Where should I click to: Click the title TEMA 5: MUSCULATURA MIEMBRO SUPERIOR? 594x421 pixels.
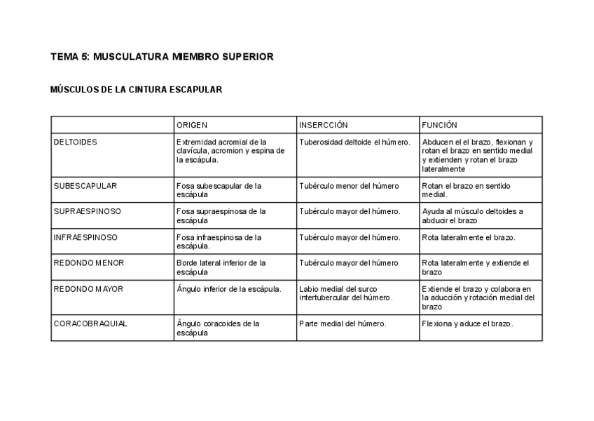coord(162,56)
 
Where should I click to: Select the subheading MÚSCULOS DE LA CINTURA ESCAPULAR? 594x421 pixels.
coord(137,90)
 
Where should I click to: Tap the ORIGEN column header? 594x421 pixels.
coord(192,125)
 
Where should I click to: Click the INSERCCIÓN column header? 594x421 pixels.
coord(323,125)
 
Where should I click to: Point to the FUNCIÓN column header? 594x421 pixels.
coord(439,125)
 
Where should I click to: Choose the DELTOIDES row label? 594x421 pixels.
coord(76,142)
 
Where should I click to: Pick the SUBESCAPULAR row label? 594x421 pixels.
coord(85,186)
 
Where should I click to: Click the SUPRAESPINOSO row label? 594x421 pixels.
coord(87,211)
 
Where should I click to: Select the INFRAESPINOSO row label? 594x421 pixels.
coord(85,237)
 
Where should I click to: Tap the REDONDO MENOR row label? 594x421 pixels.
coord(89,263)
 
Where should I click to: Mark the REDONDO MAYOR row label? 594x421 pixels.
coord(88,288)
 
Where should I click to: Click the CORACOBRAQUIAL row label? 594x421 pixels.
coord(90,323)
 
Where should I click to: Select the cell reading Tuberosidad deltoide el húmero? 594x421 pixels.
coord(354,142)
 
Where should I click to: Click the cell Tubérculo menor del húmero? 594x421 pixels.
coord(349,186)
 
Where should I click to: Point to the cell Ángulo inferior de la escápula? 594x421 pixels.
coord(228,288)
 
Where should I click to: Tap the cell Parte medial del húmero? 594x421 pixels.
coord(343,323)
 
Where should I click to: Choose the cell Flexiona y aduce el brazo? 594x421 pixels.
coord(468,323)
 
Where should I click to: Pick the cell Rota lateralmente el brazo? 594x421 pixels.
coord(469,237)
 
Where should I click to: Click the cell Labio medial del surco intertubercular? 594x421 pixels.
coord(346,293)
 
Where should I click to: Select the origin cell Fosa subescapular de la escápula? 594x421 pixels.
coord(219,190)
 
